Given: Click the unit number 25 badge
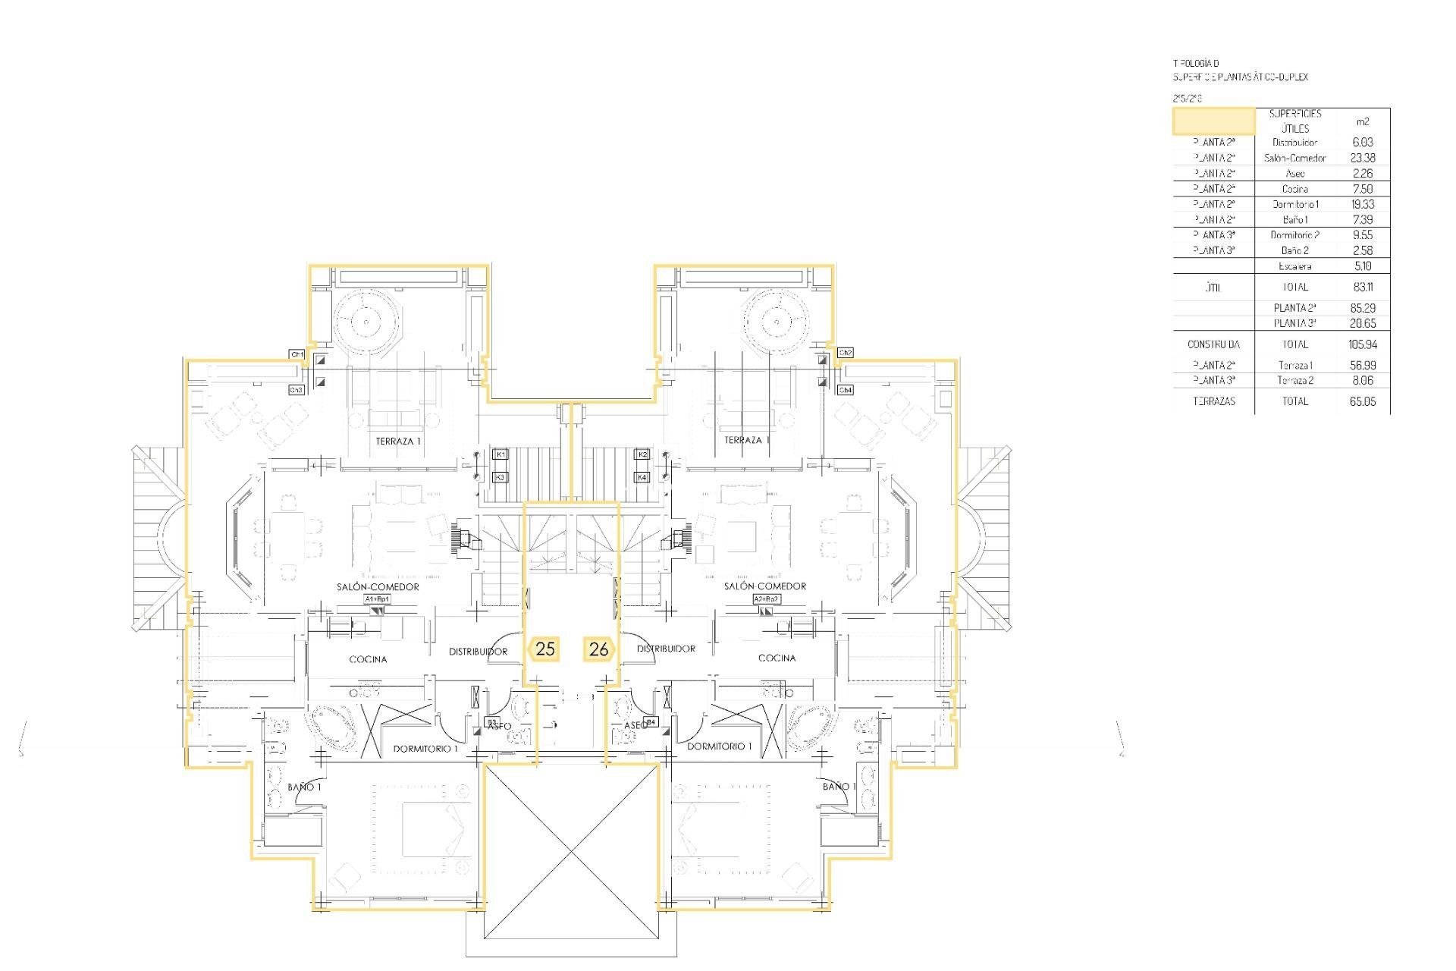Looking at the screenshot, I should coord(544,649).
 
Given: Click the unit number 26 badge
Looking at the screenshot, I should coord(598,649).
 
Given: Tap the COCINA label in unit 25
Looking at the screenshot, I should coord(368,659).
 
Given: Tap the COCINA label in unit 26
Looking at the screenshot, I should coord(777,658).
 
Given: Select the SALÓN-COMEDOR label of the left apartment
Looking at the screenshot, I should coord(378,586).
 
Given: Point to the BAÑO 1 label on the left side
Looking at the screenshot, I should coord(304,787).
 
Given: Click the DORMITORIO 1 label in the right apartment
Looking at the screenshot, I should coord(719,746).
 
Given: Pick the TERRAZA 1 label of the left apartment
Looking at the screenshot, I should coord(398,441).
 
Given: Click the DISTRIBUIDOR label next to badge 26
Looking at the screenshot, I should coord(666,649).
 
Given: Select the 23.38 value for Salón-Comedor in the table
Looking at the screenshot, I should coord(1362,158).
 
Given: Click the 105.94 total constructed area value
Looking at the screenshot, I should coord(1362,344).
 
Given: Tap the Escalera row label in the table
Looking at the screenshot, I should coord(1294,266).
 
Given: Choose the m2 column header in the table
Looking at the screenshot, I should coord(1362,121).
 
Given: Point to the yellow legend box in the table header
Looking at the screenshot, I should coord(1213,121).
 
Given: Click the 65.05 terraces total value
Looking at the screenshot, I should coord(1362,401).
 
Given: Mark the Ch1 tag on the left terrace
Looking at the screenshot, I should coord(297,354).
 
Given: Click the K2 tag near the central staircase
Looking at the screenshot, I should coord(642,454).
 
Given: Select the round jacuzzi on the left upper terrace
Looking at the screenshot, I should coord(366,322).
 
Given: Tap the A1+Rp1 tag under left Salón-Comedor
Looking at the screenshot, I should coord(377,599).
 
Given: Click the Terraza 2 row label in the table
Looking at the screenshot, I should coord(1294,381).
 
